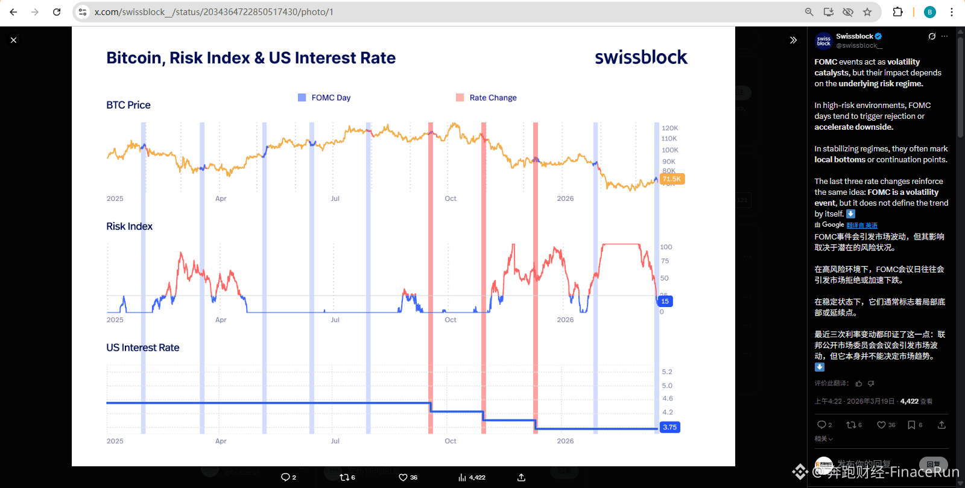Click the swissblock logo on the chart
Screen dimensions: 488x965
click(641, 57)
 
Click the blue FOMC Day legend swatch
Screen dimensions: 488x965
click(302, 98)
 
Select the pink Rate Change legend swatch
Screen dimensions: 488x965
click(460, 98)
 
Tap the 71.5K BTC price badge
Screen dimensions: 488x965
click(672, 179)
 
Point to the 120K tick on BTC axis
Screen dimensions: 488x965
click(669, 128)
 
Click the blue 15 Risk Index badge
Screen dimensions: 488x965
click(665, 301)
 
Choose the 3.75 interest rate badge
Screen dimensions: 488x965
click(669, 427)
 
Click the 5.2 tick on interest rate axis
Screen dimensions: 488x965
click(667, 372)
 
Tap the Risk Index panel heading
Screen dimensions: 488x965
click(129, 226)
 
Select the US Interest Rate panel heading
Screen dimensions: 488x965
click(142, 347)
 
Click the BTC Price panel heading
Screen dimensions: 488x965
click(128, 105)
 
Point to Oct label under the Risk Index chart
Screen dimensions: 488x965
click(451, 320)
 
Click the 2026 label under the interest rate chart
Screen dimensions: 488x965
click(565, 441)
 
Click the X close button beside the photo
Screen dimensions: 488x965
click(13, 40)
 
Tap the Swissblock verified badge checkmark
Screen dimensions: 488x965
click(878, 36)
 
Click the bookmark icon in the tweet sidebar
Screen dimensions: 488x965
click(911, 425)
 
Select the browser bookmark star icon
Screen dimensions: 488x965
click(867, 12)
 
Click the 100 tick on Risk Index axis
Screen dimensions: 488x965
click(666, 247)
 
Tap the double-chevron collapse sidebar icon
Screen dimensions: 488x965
click(793, 40)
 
